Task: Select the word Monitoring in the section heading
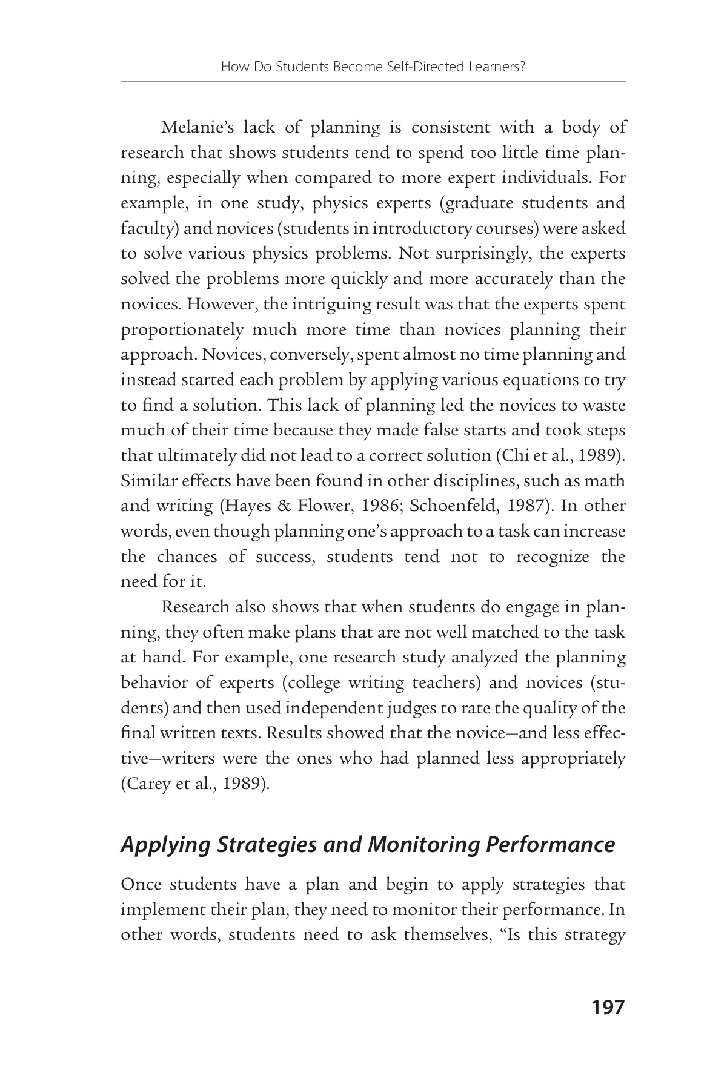point(425,844)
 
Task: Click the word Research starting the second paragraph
point(195,607)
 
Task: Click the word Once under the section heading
point(141,885)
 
